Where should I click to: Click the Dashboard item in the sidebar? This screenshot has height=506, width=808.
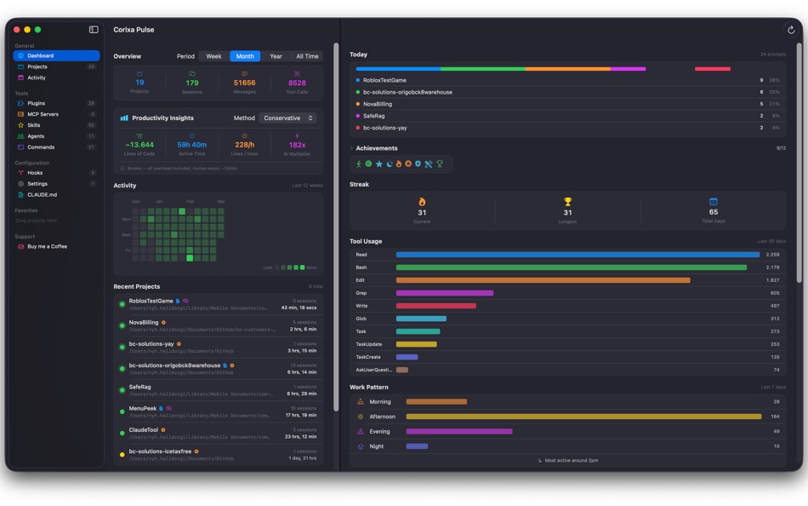[40, 55]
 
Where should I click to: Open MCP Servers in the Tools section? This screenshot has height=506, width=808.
[43, 114]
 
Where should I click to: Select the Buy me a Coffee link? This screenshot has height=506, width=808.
[47, 246]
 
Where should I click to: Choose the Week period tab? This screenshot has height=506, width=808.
[213, 56]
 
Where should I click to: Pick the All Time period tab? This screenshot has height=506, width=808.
[307, 56]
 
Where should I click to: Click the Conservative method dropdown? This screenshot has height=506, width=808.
[288, 118]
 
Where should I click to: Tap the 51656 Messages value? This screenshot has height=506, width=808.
[244, 83]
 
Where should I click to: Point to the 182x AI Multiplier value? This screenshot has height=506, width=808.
[297, 145]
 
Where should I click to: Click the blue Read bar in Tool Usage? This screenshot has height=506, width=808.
[578, 255]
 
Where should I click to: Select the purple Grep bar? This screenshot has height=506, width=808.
[444, 293]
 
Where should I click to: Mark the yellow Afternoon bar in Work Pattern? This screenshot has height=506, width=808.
[583, 417]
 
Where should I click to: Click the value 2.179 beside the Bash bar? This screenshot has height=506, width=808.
[772, 267]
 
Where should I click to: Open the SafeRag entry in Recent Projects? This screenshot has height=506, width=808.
[139, 387]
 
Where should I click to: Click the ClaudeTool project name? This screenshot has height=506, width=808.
[143, 430]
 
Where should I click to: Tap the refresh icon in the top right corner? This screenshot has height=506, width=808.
[791, 30]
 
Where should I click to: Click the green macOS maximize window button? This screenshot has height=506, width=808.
[37, 30]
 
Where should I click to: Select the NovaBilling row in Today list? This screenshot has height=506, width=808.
[378, 104]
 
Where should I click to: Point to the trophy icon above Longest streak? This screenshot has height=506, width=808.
[567, 202]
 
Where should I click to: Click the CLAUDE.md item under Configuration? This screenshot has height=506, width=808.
[42, 194]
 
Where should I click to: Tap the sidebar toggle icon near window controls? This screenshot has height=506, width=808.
[94, 30]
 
